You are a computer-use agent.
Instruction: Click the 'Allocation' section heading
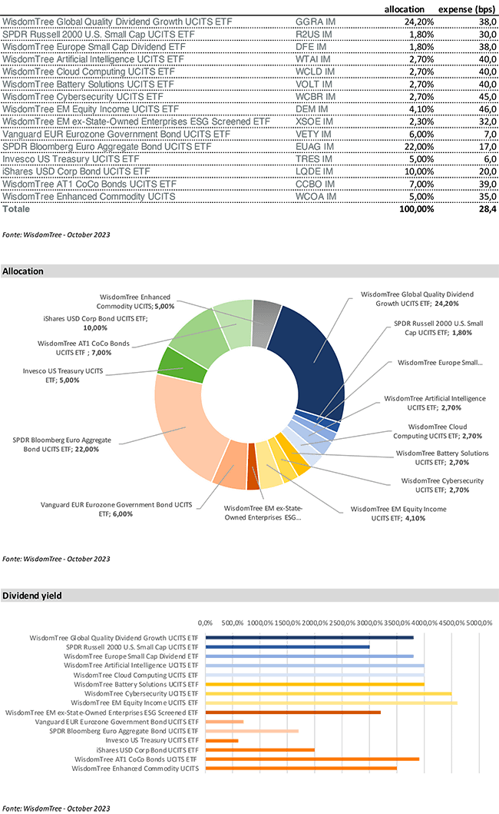click(x=22, y=271)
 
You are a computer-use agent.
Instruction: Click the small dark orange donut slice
click(x=253, y=477)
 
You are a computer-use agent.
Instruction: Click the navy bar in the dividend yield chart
click(x=310, y=637)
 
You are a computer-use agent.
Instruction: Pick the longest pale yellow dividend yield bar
click(x=332, y=703)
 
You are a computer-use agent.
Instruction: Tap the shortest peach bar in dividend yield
click(x=226, y=722)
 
